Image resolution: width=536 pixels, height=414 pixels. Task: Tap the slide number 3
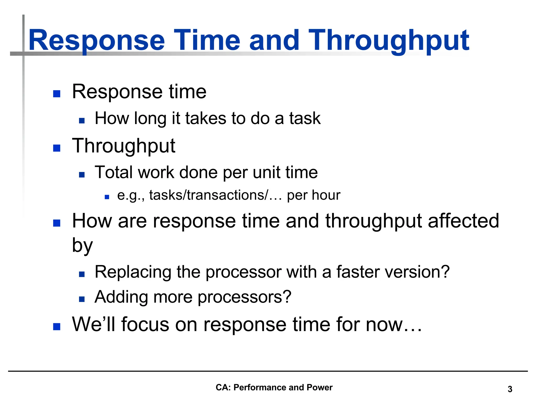(510, 389)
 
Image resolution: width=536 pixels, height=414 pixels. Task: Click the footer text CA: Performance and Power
(274, 387)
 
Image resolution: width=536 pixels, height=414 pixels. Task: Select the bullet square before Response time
(57, 94)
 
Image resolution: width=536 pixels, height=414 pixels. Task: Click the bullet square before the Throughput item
(57, 148)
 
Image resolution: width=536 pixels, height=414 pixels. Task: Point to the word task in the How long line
(305, 118)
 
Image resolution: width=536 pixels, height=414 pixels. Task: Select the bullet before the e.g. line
(107, 197)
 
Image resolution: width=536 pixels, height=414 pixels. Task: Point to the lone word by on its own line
(82, 245)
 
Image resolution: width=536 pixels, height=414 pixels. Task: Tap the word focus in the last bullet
(145, 324)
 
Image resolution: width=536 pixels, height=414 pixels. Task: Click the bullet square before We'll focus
(57, 327)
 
